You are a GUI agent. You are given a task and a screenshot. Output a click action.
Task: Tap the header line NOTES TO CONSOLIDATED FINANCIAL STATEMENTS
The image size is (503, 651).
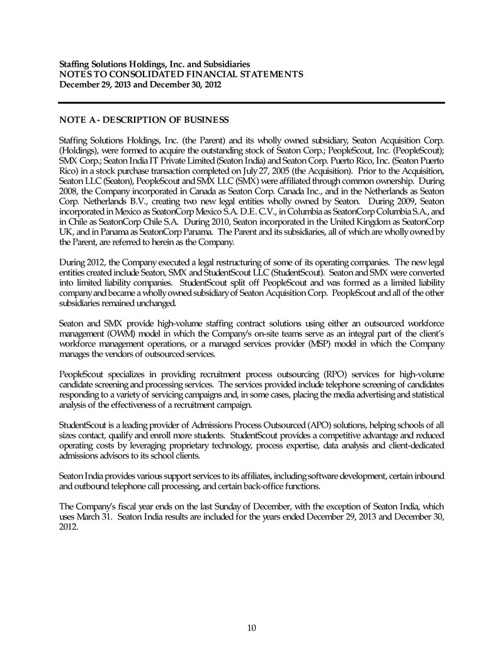(181, 74)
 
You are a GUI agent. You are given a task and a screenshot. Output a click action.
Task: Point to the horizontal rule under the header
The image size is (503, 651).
(251, 103)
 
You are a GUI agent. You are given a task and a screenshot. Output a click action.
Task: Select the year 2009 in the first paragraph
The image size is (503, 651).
(396, 202)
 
